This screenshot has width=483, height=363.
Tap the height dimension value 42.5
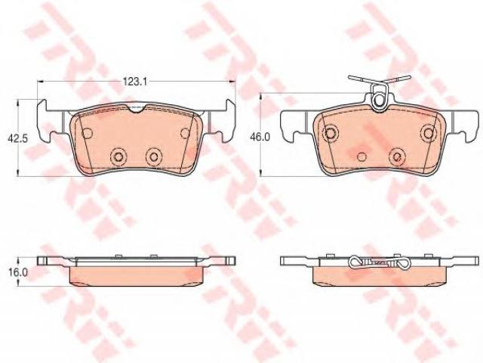(x=17, y=138)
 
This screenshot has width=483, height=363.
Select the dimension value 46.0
(x=260, y=136)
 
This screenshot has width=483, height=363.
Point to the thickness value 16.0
(x=18, y=272)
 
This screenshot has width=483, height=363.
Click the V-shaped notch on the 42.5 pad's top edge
(x=137, y=108)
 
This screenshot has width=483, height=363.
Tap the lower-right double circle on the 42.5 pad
(x=153, y=157)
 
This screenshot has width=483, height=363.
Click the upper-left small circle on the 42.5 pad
(x=88, y=133)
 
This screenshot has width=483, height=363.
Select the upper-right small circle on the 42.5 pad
(x=186, y=133)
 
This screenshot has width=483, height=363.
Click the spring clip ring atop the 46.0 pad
(x=378, y=101)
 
